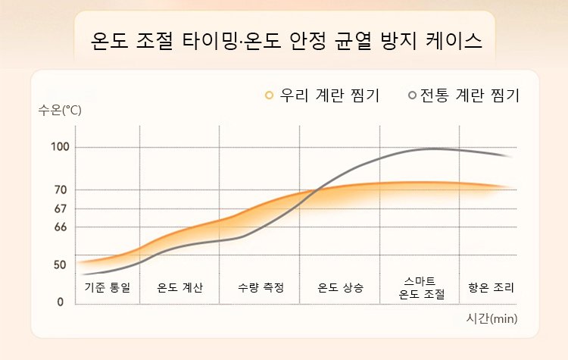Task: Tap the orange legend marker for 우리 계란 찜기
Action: pos(269,95)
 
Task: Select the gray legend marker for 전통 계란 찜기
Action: pos(412,95)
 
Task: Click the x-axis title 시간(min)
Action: pos(492,318)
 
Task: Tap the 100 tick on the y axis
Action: pos(60,147)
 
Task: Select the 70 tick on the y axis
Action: pos(60,189)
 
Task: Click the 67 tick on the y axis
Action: pos(60,208)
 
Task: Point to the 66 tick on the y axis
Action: pos(60,227)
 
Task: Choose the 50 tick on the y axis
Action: pos(60,265)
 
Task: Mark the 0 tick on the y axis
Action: pos(60,302)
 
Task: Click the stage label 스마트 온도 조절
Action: pos(420,288)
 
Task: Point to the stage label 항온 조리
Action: pos(492,288)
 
